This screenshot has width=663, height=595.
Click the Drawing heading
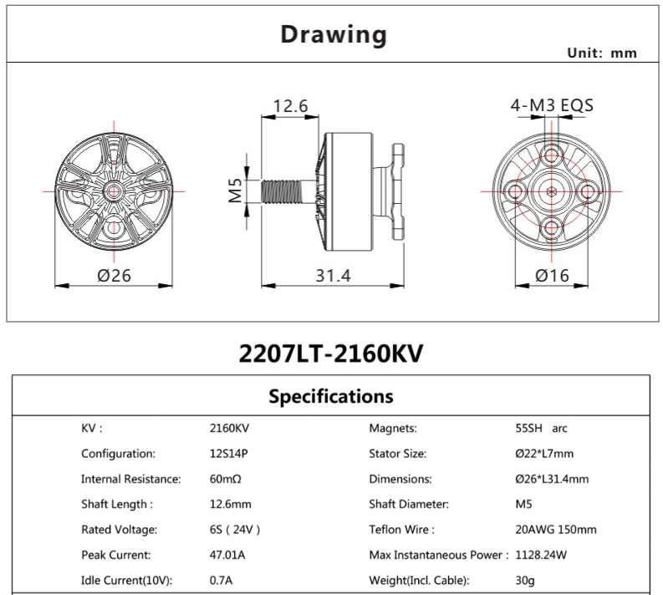click(x=333, y=34)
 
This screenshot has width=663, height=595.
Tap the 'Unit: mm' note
click(x=602, y=53)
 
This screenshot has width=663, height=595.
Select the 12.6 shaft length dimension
click(x=292, y=106)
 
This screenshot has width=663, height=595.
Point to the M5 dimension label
click(x=235, y=191)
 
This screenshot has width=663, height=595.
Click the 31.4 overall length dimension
click(x=333, y=275)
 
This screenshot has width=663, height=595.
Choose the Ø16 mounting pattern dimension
click(x=548, y=275)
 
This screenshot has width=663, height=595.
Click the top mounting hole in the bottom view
click(x=549, y=154)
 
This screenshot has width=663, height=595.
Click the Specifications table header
click(x=331, y=395)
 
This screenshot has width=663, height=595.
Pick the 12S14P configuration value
click(x=228, y=454)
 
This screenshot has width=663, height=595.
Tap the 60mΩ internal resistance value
click(x=225, y=479)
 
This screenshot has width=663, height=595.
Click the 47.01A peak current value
click(x=227, y=555)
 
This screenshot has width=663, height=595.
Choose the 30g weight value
click(x=524, y=580)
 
